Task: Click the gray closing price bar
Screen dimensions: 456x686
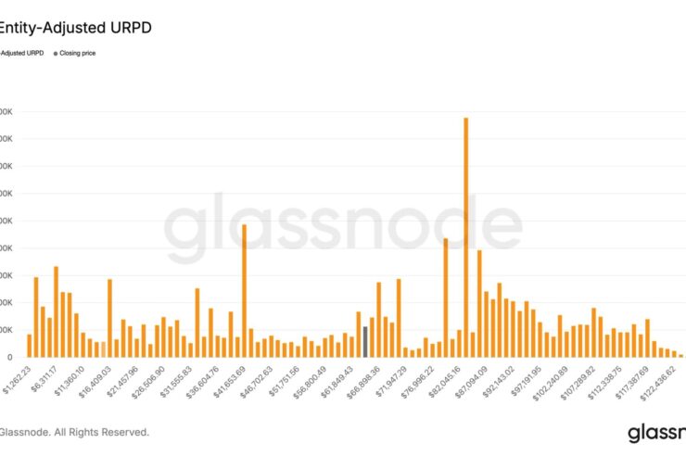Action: point(365,341)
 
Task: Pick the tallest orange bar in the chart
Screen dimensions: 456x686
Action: point(465,236)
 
